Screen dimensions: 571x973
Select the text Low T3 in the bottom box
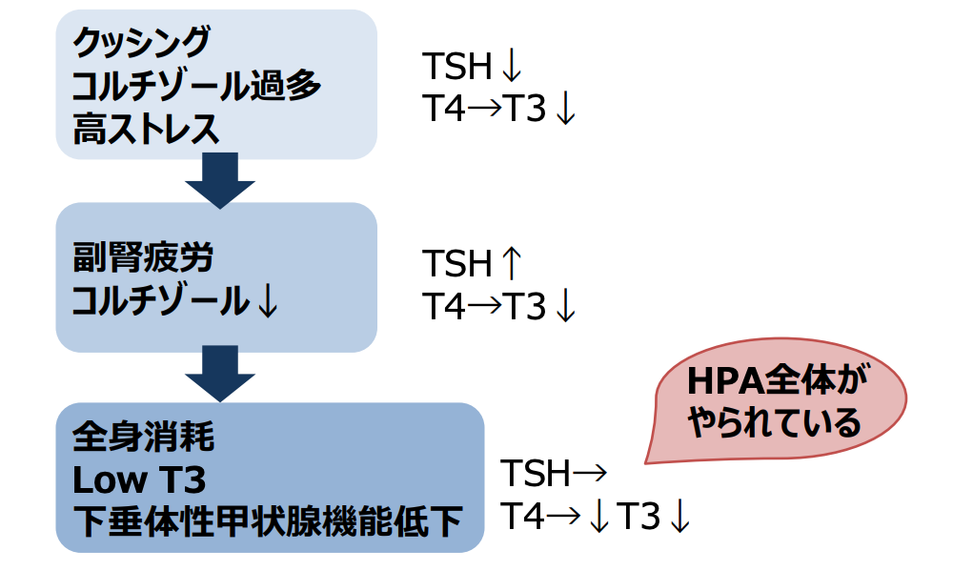coord(139,479)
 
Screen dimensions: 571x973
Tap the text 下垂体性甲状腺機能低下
coord(267,521)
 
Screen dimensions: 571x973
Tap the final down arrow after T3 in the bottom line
coord(679,517)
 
